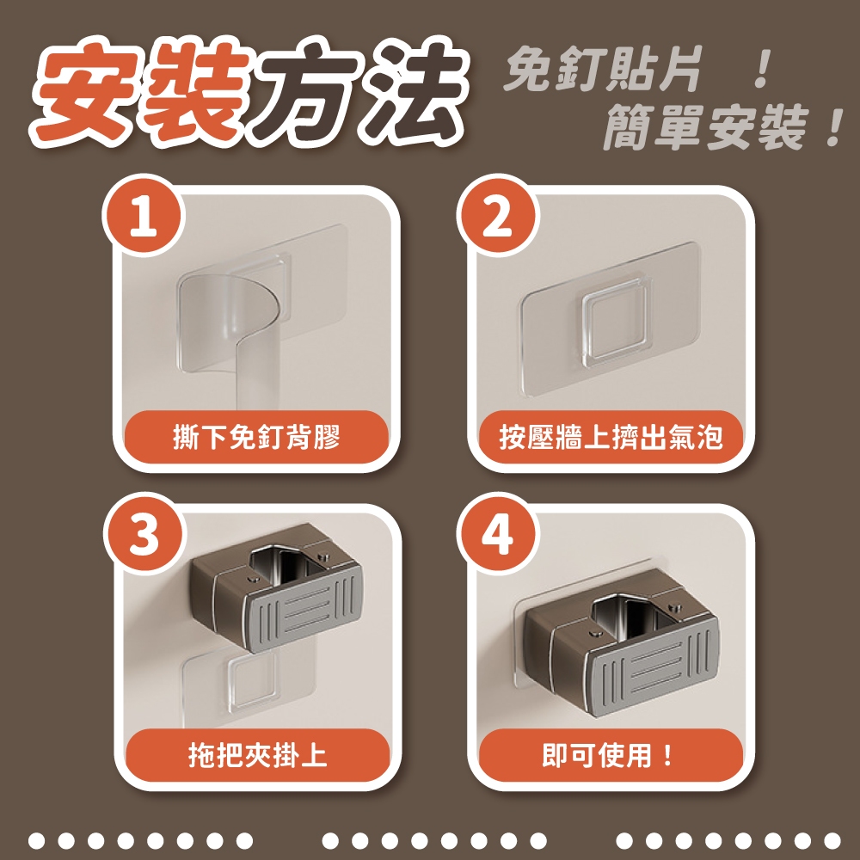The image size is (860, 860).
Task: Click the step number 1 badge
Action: coord(143,216)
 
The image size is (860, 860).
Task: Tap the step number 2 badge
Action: coord(497,216)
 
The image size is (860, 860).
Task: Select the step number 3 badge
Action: coord(143,534)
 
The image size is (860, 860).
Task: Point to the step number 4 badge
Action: coord(497,534)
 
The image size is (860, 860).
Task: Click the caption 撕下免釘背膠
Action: coord(256,438)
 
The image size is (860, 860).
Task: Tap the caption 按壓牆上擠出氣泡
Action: coord(611,438)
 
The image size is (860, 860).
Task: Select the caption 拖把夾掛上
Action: coord(257,755)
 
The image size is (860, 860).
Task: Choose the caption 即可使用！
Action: coord(608,755)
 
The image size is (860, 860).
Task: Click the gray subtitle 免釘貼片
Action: coord(604,70)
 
